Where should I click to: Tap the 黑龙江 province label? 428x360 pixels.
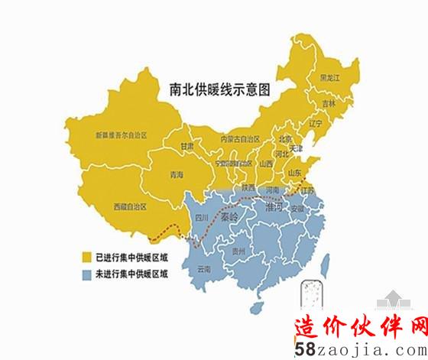(x=329, y=78)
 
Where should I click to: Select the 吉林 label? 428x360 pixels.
(x=329, y=102)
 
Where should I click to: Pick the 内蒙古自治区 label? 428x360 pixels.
(x=240, y=139)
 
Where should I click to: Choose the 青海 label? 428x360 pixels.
(x=177, y=175)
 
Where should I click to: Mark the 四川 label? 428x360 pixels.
(x=203, y=218)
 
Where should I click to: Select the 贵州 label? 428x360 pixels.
(x=240, y=250)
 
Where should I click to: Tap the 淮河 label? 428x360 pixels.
(x=273, y=206)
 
